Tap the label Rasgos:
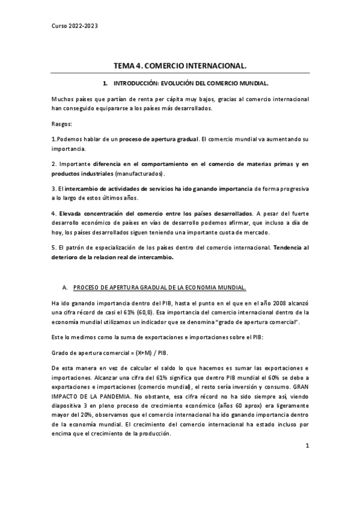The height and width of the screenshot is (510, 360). click(x=62, y=124)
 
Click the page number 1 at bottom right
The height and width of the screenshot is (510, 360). click(x=307, y=463)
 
